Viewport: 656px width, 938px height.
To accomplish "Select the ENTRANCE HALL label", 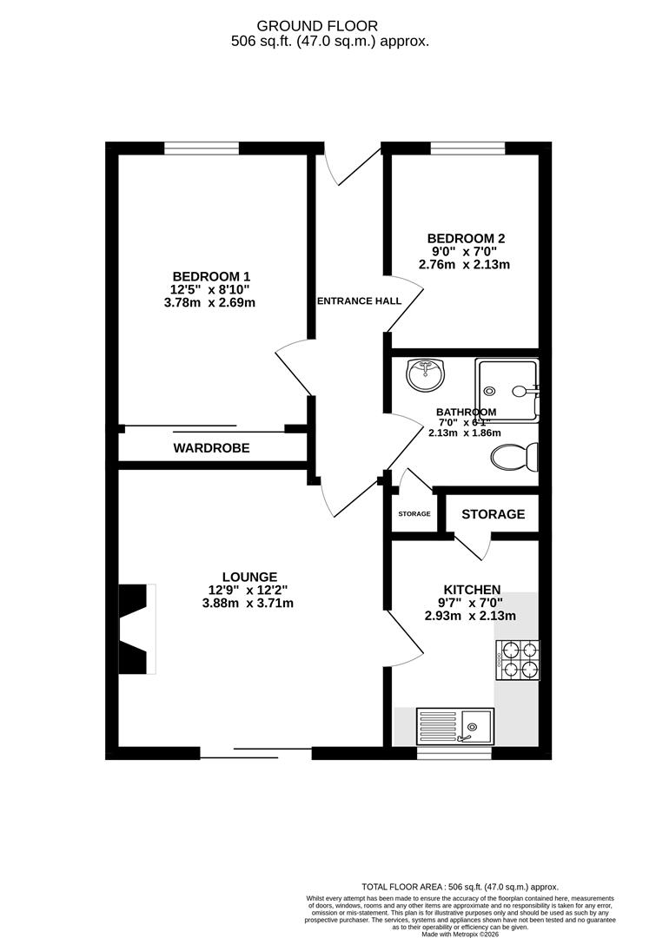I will click(x=358, y=301).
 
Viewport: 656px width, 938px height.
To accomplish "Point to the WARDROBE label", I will click(x=211, y=448).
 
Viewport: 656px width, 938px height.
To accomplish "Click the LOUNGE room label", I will click(x=249, y=576).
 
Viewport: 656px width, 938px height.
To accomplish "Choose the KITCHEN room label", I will click(x=469, y=589).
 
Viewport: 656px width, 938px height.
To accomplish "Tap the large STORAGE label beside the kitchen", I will click(x=493, y=514).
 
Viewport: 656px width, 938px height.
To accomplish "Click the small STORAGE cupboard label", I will click(x=414, y=514).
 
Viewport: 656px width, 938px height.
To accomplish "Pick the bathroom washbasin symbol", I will click(x=425, y=375).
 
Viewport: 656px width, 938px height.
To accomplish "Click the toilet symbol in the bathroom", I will click(x=515, y=456).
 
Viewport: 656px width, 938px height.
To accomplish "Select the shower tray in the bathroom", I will click(x=507, y=389).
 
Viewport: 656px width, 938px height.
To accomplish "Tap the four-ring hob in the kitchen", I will click(x=517, y=660).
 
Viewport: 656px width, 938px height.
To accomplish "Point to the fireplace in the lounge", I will click(x=137, y=629).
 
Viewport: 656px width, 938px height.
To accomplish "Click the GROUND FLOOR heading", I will click(x=329, y=26).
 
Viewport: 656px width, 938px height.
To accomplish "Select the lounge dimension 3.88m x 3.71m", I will click(x=248, y=604).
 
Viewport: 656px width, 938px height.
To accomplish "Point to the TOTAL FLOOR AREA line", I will click(x=461, y=887).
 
